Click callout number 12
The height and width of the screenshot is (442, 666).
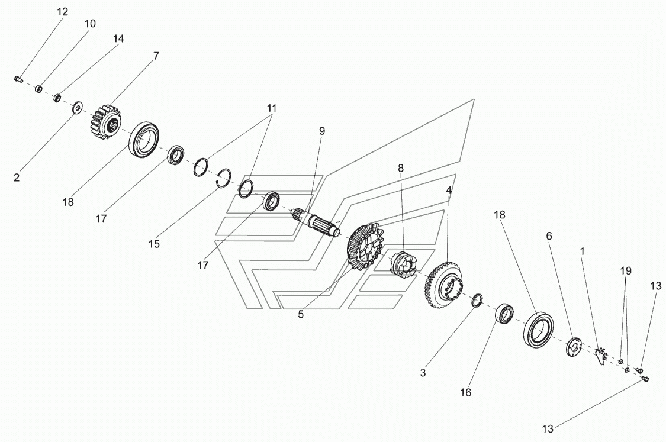point(62,12)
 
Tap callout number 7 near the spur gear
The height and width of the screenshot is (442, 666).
point(156,56)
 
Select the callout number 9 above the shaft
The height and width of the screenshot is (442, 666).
point(322,131)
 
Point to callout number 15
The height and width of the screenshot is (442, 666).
point(154,244)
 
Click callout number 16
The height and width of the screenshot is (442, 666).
point(465,392)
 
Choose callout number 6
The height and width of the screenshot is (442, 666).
point(549,236)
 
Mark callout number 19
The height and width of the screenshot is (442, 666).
point(626,270)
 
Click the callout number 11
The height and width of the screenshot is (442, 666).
point(271,108)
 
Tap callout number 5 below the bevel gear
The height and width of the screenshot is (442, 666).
point(301,315)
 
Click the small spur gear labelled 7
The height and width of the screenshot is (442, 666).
point(106,122)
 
